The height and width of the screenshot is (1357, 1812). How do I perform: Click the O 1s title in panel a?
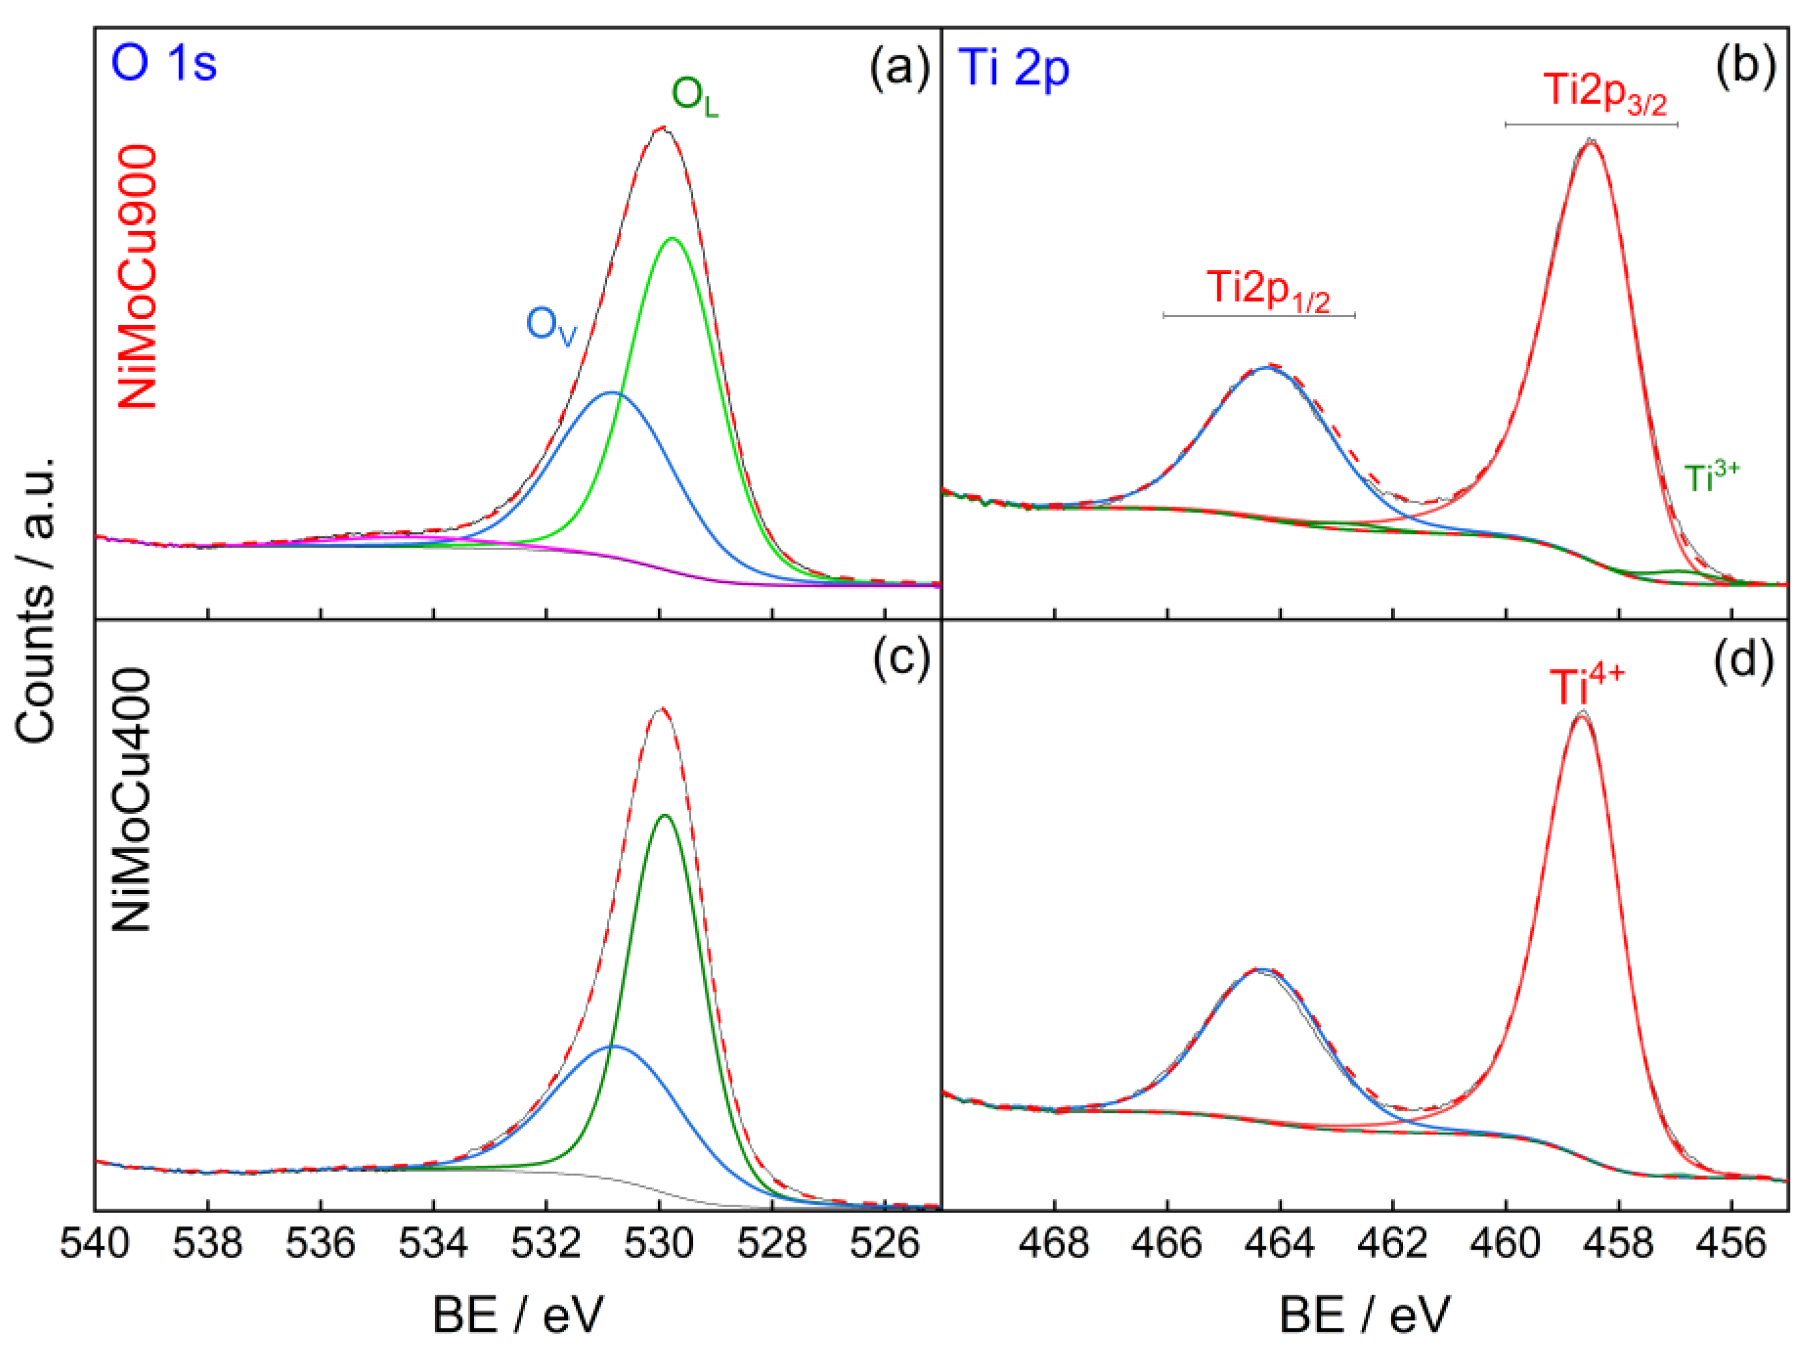pos(164,64)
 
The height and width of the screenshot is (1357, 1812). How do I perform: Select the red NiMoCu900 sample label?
pos(137,277)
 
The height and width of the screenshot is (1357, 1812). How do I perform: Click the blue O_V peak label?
pos(550,326)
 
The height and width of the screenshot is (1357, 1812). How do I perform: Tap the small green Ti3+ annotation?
pos(1711,477)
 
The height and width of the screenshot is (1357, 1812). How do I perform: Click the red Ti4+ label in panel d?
pos(1586,686)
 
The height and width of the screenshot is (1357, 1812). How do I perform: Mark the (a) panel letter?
pos(899,66)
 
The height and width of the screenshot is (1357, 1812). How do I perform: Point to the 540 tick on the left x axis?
pos(95,1244)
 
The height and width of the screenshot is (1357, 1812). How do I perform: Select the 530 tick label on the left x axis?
pos(658,1244)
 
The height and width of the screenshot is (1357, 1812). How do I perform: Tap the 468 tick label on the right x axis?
pos(1055,1244)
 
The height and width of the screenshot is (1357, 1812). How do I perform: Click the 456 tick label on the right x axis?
pos(1731,1244)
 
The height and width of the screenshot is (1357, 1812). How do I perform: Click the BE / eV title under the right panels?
pos(1364,1316)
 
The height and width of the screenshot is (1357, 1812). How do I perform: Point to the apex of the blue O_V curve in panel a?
pos(611,393)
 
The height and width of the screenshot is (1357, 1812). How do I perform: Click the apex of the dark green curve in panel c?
pos(664,815)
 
